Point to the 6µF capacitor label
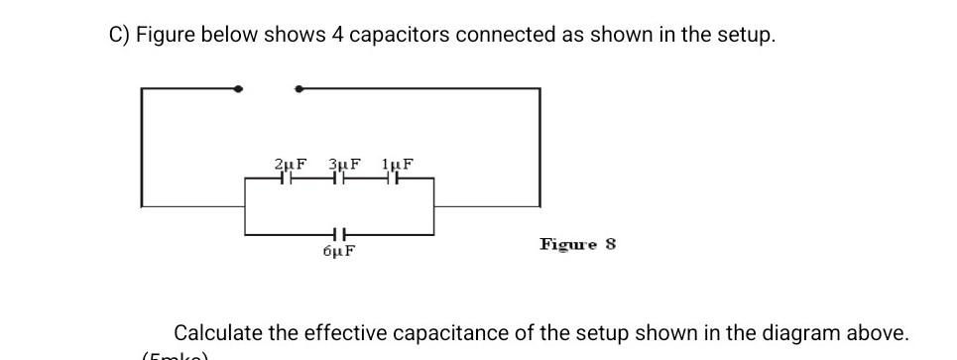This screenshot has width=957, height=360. point(339,251)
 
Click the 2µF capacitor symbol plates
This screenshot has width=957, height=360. point(286,180)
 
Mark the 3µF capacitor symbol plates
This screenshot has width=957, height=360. point(339,180)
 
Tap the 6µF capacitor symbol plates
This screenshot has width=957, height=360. point(338,235)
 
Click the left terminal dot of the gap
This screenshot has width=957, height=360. point(237,89)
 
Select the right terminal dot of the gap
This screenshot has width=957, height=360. point(298,89)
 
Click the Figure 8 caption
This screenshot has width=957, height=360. point(577,243)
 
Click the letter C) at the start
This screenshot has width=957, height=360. point(118,35)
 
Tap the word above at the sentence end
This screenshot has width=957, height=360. point(877,333)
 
